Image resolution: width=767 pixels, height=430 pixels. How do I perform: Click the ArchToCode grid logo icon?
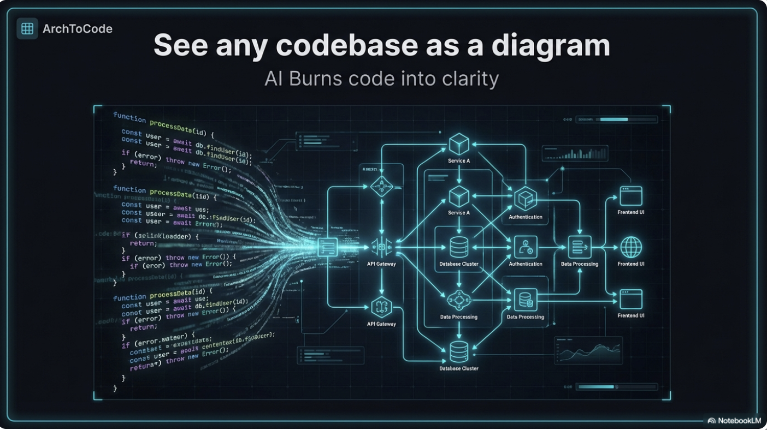[27, 28]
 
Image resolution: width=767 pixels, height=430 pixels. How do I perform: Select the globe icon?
[631, 247]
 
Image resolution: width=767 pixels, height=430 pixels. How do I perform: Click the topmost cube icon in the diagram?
[459, 144]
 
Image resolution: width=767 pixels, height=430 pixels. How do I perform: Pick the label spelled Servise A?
[459, 213]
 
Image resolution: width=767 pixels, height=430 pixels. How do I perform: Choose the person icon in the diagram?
[526, 247]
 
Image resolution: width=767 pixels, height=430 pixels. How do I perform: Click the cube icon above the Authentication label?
[526, 198]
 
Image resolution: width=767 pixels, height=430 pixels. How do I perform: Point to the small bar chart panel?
[575, 153]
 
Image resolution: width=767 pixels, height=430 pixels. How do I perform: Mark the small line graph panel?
[588, 350]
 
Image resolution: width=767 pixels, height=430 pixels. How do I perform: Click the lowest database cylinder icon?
[459, 352]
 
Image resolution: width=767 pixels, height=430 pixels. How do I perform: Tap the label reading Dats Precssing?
[526, 317]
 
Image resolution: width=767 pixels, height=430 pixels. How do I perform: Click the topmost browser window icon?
[631, 195]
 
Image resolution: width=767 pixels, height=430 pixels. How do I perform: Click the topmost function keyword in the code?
[129, 117]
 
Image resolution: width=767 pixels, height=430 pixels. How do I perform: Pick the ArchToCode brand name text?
[78, 29]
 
